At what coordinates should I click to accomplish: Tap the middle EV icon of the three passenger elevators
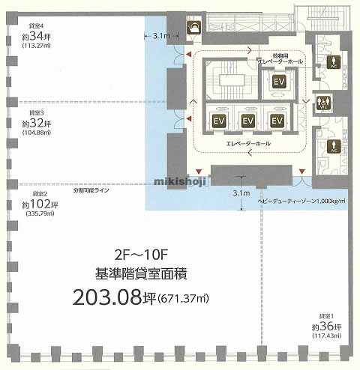tap(247, 120)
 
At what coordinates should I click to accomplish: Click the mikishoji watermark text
tap(180, 180)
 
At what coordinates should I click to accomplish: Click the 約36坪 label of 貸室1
tap(326, 327)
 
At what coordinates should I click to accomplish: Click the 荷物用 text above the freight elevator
tap(270, 55)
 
